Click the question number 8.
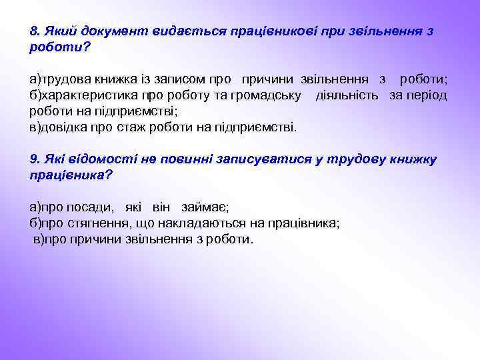(x=35, y=32)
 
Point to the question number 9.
(x=35, y=159)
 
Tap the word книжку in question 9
(x=413, y=159)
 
